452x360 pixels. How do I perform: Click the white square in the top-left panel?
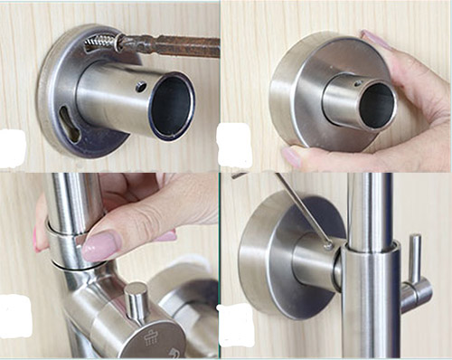[12, 147]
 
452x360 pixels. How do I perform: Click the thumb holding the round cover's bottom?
[307, 157]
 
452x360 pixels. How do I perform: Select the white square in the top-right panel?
[234, 146]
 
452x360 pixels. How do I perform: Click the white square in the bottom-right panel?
[232, 321]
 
